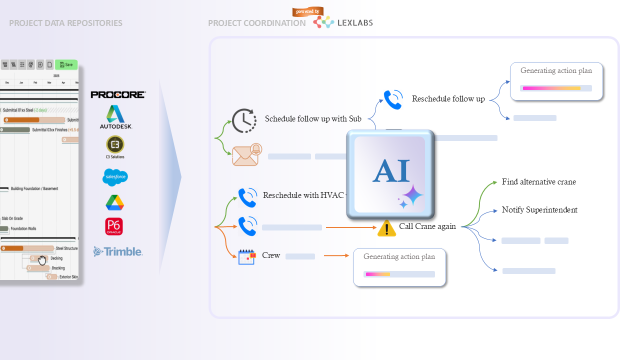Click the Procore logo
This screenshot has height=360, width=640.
[x=118, y=94]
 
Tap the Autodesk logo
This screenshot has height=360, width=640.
[x=115, y=117]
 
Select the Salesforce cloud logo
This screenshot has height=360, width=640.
[x=115, y=177]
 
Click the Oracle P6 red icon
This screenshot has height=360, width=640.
[x=114, y=226]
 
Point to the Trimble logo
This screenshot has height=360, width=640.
[x=118, y=251]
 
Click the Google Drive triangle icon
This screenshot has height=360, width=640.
[x=115, y=202]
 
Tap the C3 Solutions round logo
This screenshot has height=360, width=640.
[x=115, y=144]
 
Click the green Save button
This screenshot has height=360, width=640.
[x=66, y=64]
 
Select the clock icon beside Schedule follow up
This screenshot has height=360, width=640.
[x=244, y=120]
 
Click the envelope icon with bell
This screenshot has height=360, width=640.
[x=247, y=155]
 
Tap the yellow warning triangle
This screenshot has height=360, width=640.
[x=386, y=228]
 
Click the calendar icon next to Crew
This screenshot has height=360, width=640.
[x=246, y=257]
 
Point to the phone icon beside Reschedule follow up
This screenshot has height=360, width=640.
[x=393, y=99]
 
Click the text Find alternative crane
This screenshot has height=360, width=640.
[x=538, y=182]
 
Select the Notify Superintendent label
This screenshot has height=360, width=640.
[x=539, y=210]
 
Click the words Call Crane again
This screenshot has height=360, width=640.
[x=427, y=226]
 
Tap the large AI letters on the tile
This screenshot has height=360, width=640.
[x=391, y=171]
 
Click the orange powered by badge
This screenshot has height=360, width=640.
[x=308, y=11]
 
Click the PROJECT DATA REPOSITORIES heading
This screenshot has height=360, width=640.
[x=65, y=23]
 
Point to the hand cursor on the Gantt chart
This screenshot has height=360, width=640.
[x=42, y=260]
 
